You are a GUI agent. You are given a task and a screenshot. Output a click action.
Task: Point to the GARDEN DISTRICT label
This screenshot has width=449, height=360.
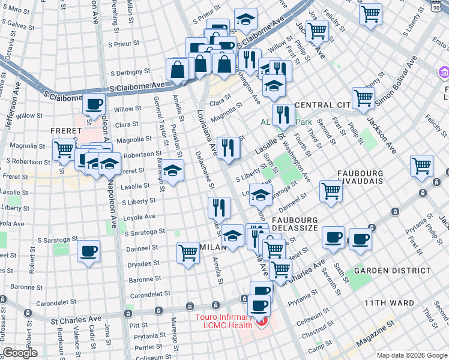pyautogui.click(x=392, y=271)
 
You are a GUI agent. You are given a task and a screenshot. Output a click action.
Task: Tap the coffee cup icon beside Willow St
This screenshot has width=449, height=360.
pyautogui.click(x=94, y=104)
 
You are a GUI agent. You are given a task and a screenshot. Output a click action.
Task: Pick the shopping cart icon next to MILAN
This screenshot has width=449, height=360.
pyautogui.click(x=188, y=252)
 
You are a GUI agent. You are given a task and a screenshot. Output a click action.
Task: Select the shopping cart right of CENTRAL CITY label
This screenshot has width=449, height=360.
pyautogui.click(x=363, y=97)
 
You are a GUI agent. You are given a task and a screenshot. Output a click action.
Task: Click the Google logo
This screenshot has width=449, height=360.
pyautogui.click(x=20, y=353)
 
